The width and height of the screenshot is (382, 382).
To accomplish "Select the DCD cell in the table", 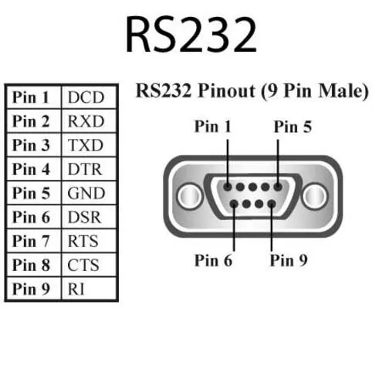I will pyautogui.click(x=86, y=98).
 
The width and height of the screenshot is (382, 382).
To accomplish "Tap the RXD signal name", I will pyautogui.click(x=86, y=122).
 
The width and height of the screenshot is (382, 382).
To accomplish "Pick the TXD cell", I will pyautogui.click(x=86, y=146).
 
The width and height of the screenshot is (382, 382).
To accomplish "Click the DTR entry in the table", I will pyautogui.click(x=86, y=170).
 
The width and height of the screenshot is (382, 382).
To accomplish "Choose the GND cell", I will pyautogui.click(x=86, y=194).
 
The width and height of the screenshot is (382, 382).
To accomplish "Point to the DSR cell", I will pyautogui.click(x=86, y=218).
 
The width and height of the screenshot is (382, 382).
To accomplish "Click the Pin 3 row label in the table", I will pyautogui.click(x=32, y=146).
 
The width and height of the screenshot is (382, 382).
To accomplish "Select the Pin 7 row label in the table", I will pyautogui.click(x=32, y=242).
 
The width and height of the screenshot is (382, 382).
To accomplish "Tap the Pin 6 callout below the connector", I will pyautogui.click(x=213, y=260).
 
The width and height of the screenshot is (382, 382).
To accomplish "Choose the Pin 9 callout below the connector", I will pyautogui.click(x=289, y=260).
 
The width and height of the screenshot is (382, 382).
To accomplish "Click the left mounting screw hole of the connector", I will pyautogui.click(x=188, y=197).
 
